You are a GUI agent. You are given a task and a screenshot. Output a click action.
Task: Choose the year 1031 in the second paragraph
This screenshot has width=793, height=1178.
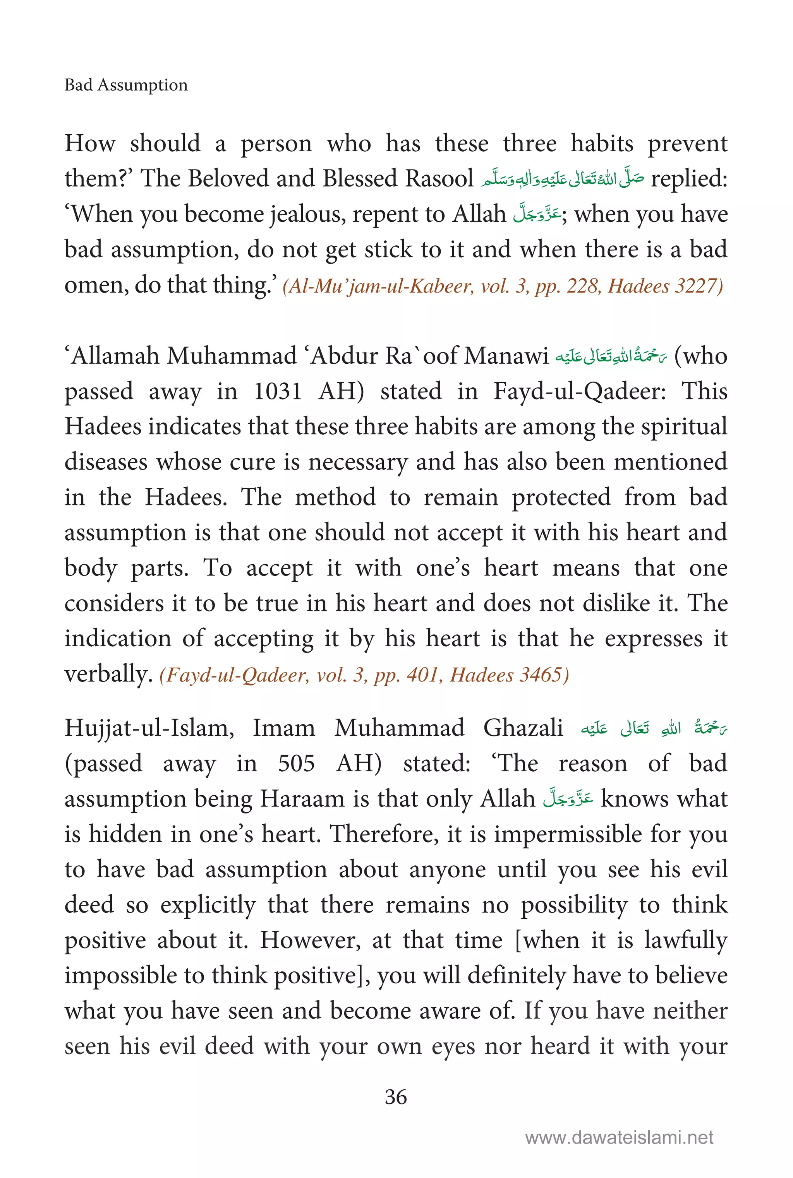click(x=278, y=392)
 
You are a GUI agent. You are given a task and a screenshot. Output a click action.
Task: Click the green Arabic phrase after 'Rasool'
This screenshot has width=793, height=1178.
click(x=562, y=179)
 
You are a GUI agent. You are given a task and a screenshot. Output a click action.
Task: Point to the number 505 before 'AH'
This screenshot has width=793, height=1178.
click(x=296, y=764)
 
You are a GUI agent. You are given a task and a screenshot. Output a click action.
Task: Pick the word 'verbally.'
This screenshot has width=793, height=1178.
click(x=109, y=674)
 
